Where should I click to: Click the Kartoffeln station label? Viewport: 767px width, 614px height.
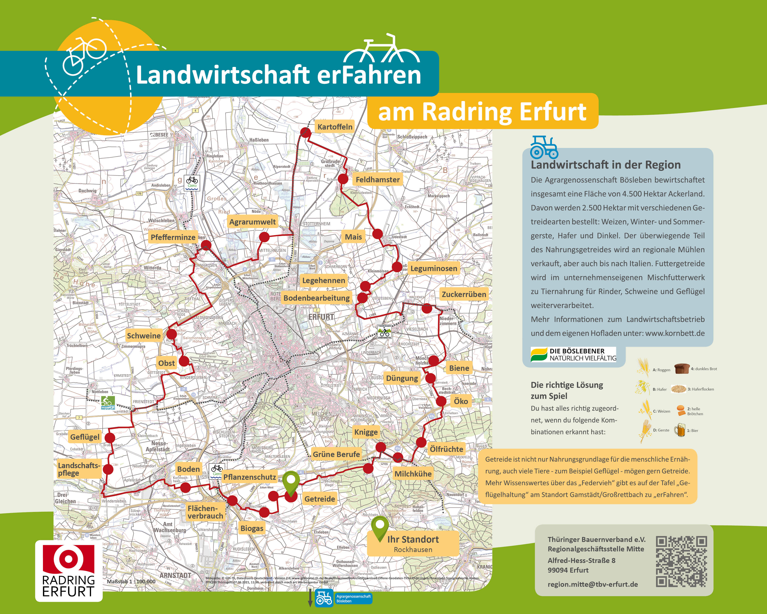point(335,127)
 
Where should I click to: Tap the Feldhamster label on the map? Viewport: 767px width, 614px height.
point(377,180)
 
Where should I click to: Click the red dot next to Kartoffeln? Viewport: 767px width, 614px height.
point(306,132)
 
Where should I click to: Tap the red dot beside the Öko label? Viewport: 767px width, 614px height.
point(441,401)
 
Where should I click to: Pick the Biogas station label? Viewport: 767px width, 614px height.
point(252,528)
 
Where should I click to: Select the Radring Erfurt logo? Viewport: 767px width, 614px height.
point(69,571)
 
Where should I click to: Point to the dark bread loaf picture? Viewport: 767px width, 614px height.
point(682,369)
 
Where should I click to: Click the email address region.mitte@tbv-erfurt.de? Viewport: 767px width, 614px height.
point(593,584)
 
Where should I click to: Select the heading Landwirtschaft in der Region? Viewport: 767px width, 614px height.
point(606,165)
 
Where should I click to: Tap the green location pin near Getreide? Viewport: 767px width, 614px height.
point(291,482)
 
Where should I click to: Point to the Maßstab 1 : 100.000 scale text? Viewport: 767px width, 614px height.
point(131,582)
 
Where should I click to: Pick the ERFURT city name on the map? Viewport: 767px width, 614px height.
point(321,317)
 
